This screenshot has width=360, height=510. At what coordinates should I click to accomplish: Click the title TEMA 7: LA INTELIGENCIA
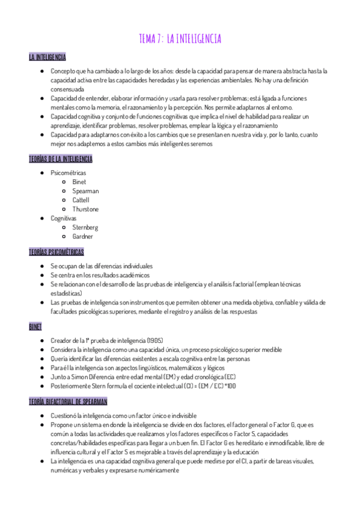click(180, 39)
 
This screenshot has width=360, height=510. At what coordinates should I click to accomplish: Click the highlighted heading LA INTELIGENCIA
click(47, 57)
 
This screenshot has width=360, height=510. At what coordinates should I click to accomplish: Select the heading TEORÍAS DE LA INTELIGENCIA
click(60, 159)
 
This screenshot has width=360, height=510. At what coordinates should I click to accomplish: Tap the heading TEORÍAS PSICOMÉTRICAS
click(56, 251)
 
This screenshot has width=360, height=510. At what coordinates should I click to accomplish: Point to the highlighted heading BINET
click(35, 326)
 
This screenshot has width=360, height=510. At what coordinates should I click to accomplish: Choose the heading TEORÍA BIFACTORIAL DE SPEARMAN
click(68, 401)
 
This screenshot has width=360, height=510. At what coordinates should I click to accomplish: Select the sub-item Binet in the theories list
click(79, 182)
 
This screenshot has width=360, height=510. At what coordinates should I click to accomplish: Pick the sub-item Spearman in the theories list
click(85, 191)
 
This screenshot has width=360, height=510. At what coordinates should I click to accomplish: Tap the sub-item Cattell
click(81, 200)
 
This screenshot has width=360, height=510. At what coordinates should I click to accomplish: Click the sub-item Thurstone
click(85, 209)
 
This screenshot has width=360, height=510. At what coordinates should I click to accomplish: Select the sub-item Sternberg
click(85, 227)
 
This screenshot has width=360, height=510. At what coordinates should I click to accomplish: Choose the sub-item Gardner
click(82, 236)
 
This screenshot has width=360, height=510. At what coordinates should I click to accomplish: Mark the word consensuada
click(67, 89)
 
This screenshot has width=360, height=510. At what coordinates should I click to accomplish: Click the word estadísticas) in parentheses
click(67, 293)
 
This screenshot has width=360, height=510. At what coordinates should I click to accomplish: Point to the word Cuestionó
click(64, 415)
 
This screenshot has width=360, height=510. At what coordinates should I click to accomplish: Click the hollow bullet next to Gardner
click(64, 237)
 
